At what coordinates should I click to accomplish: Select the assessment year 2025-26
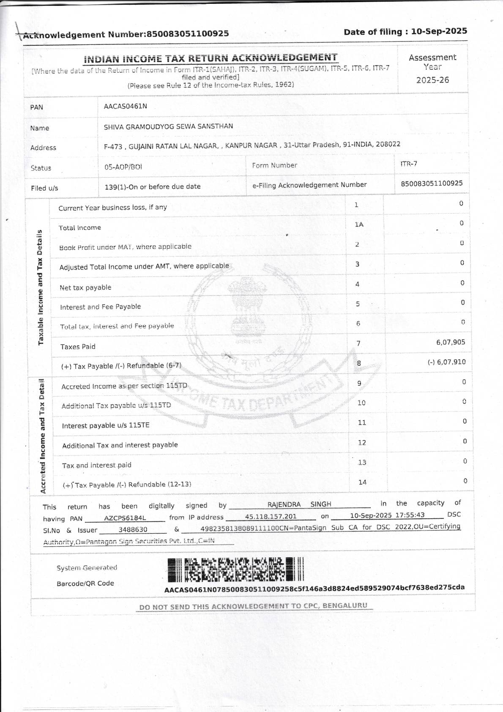[432, 80]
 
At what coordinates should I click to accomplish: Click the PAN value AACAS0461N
[126, 106]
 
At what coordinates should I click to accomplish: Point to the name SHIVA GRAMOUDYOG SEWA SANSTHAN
[168, 126]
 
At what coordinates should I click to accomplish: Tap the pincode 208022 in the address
[388, 144]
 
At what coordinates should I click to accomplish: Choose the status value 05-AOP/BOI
[123, 167]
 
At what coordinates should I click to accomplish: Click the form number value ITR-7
[409, 164]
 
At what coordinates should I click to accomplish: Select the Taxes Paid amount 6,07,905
[451, 342]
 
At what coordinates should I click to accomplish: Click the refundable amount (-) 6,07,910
[446, 362]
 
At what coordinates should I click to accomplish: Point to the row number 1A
[359, 225]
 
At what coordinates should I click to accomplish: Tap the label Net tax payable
[85, 288]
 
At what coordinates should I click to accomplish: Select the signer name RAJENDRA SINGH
[299, 504]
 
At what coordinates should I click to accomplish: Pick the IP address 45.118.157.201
[271, 517]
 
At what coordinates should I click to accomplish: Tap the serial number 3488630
[133, 529]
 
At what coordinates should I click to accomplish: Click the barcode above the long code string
[235, 569]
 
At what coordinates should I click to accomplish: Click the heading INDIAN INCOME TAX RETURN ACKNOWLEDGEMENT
[210, 58]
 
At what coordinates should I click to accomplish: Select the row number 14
[362, 482]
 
